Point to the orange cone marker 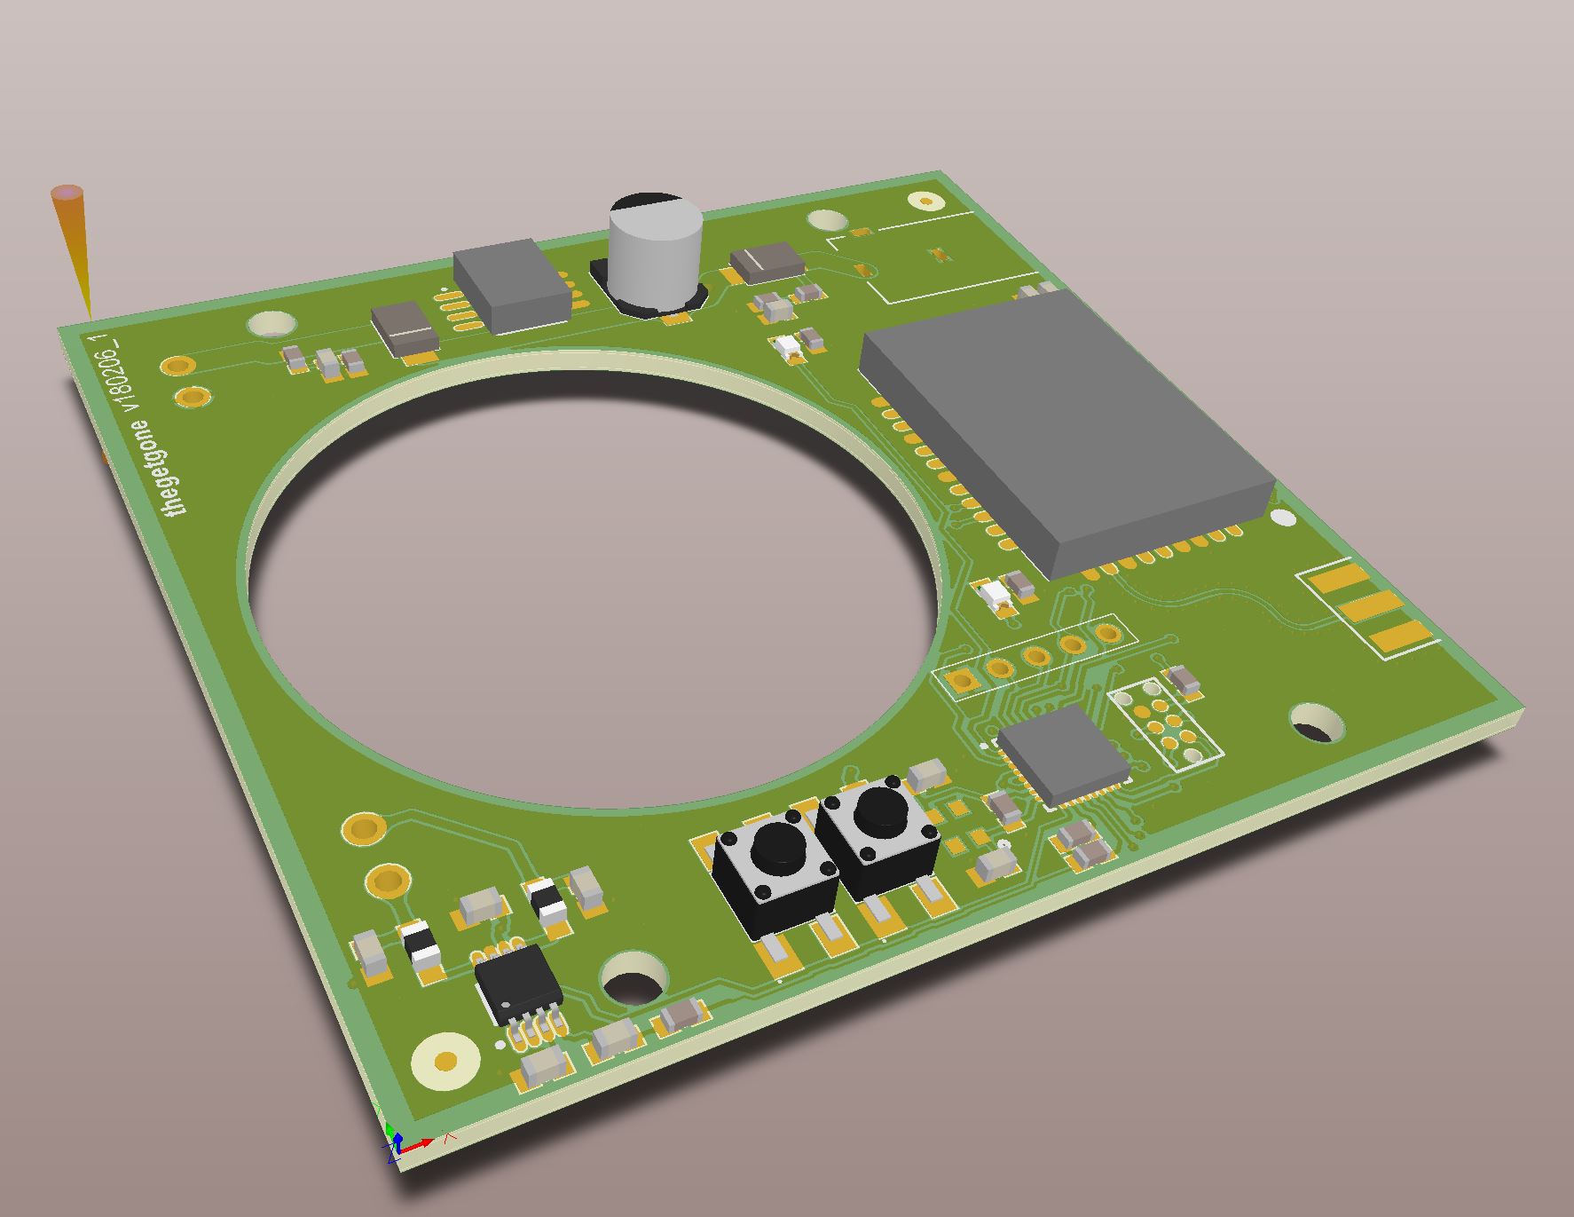pos(75,249)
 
